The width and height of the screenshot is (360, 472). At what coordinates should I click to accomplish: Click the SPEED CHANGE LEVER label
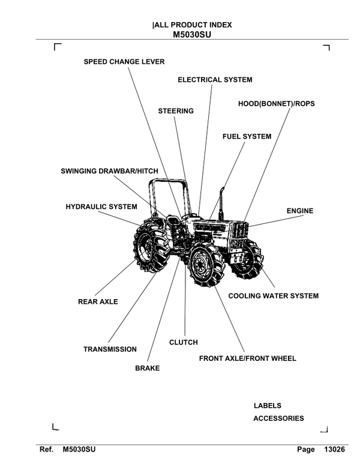coord(124,61)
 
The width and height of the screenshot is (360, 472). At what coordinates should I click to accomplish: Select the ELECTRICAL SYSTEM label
coord(215,79)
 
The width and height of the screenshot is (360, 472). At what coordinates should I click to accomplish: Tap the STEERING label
coord(176,111)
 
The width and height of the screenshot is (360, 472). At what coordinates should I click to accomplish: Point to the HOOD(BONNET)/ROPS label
coord(276,103)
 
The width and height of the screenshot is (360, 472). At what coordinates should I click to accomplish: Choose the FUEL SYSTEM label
coord(247,136)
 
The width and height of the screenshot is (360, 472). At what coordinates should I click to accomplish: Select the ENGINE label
coord(300,211)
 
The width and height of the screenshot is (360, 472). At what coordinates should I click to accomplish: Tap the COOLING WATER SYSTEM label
coord(273,295)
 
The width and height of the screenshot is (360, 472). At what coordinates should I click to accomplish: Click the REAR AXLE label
coord(98,301)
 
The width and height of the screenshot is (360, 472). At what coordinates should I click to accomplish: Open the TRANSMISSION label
coord(110,349)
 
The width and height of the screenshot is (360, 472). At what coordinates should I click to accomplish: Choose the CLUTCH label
coord(183,342)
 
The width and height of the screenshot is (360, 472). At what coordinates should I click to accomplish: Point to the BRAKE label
coord(148,368)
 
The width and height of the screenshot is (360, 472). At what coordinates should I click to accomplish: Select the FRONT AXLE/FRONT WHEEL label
coord(247,359)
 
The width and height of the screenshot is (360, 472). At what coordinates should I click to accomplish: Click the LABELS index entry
coord(267,406)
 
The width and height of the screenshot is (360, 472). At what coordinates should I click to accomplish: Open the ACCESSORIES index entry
coord(278,419)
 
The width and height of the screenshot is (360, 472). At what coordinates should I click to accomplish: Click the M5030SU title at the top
coord(192,34)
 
